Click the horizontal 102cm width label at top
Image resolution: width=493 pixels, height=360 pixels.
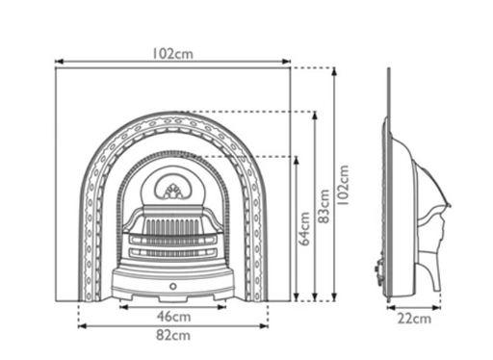[x=172, y=54]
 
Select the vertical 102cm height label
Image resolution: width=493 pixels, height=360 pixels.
[x=343, y=185]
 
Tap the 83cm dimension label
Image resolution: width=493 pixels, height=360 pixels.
[x=324, y=206]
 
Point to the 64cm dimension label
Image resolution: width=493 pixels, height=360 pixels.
[x=304, y=229]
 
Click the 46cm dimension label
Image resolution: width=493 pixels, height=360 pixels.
[x=173, y=317]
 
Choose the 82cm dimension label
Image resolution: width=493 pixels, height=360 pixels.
[x=173, y=335]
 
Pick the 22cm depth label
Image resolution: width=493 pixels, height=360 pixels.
[x=414, y=319]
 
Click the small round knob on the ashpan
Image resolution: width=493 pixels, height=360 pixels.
[x=173, y=286]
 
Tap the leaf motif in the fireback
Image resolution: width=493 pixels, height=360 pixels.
[x=173, y=192]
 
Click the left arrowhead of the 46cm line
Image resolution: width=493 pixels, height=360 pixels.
[x=123, y=307]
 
